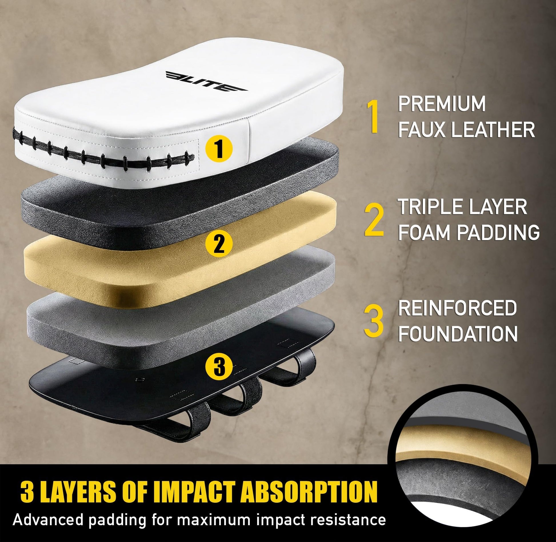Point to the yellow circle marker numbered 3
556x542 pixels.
point(219,367)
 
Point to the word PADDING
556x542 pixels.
point(498,232)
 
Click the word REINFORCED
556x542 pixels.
point(458,308)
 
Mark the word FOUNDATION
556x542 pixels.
point(458,333)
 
